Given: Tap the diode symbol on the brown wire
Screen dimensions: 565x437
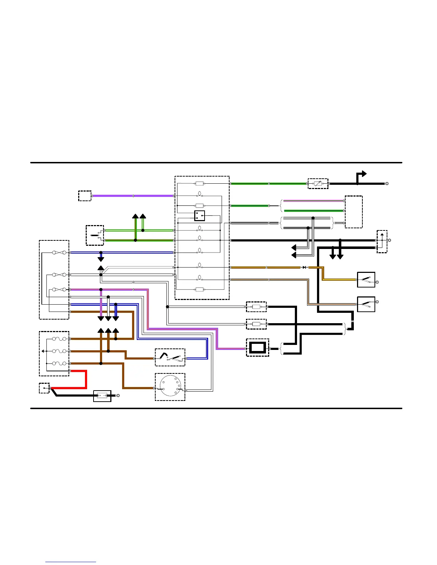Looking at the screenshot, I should click(305, 267).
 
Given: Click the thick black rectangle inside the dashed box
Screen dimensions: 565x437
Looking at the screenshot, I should click(257, 347).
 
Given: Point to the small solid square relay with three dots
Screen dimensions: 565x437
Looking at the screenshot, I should click(199, 216).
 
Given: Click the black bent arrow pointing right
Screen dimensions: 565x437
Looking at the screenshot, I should click(361, 175).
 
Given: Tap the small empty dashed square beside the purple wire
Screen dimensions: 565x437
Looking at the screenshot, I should click(85, 196).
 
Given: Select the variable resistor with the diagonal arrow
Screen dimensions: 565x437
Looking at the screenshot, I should click(318, 183).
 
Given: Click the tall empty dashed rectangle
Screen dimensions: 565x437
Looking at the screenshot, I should click(353, 212).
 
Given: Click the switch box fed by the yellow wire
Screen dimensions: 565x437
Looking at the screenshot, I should click(366, 280).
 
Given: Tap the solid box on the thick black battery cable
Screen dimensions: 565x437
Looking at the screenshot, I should click(102, 396).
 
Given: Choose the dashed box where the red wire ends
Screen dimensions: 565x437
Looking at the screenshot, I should click(44, 388).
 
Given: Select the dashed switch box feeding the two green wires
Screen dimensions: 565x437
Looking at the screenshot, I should click(95, 235).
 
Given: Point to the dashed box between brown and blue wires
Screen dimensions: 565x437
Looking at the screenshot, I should click(170, 357).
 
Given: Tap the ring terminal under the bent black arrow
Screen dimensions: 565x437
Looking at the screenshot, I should click(387, 184).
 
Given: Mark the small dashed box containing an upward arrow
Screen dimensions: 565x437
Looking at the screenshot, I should click(382, 241).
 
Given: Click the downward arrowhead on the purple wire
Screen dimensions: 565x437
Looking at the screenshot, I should click(101, 318).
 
